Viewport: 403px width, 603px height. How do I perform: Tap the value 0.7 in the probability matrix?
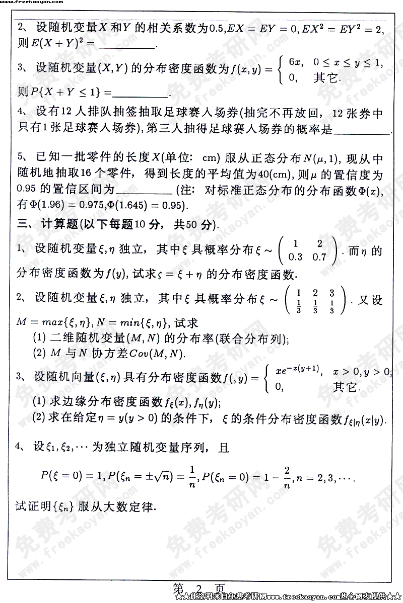[x=319, y=257]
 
